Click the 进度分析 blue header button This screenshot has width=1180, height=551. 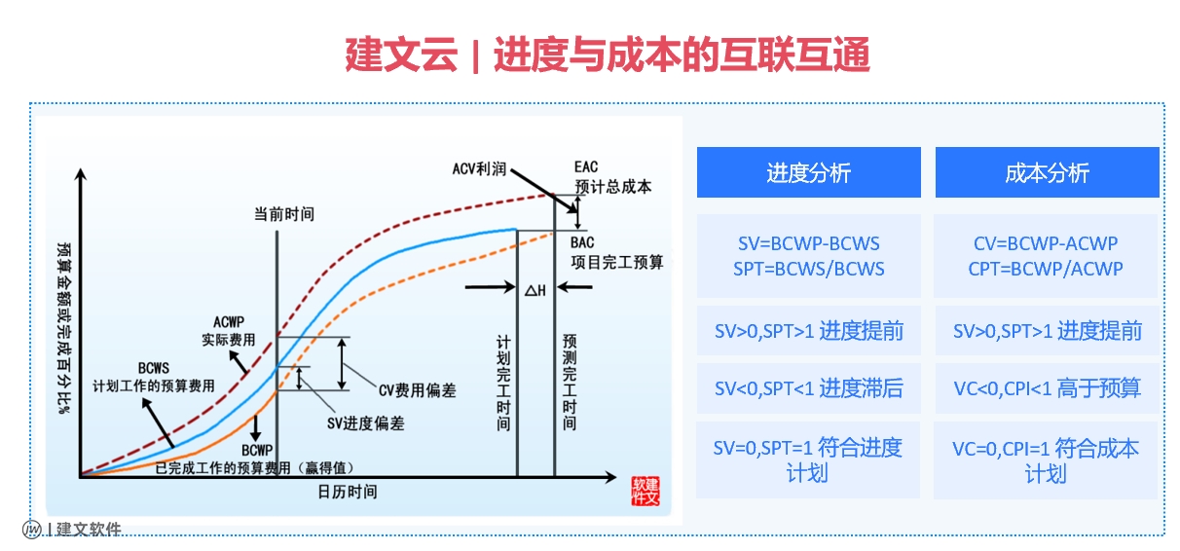tap(809, 172)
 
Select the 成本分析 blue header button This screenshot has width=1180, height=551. tap(1048, 172)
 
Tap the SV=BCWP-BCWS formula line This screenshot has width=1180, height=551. tap(809, 243)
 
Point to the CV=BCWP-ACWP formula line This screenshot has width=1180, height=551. tap(1046, 243)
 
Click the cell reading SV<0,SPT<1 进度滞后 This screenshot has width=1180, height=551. tap(809, 388)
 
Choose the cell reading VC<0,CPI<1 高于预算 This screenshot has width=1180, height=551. tap(1048, 388)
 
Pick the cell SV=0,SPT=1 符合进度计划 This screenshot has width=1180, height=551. tap(808, 459)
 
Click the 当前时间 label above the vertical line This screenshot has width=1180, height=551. tap(284, 214)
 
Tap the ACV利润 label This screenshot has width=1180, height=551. tap(479, 169)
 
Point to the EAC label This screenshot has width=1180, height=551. tap(586, 167)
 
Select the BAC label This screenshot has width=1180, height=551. tap(582, 242)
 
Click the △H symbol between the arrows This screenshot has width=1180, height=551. tap(535, 290)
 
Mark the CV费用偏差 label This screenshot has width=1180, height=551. tap(418, 390)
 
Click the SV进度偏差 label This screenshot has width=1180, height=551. tap(366, 423)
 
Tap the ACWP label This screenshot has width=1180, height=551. tap(229, 322)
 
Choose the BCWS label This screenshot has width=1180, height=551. tap(154, 368)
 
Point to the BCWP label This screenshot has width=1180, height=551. tap(257, 451)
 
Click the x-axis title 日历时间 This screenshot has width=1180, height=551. tap(348, 492)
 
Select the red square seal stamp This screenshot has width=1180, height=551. tap(645, 492)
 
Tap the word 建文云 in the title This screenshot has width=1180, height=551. tap(401, 55)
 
